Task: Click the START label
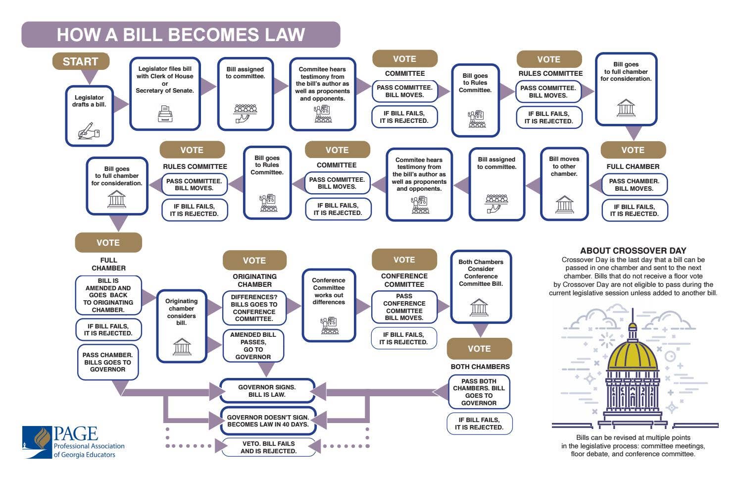(x=81, y=61)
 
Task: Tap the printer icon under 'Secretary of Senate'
(x=165, y=114)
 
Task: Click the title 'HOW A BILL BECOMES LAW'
(x=181, y=35)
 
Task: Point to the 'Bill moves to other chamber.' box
(x=564, y=183)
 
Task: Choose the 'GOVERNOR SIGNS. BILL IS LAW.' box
(x=267, y=391)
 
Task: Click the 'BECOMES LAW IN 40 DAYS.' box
(x=268, y=421)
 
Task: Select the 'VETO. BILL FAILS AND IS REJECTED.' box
(x=268, y=447)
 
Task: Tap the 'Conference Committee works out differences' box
(x=329, y=305)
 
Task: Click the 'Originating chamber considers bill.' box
(x=182, y=326)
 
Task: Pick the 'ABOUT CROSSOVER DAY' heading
(x=633, y=251)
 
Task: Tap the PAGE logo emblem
(x=38, y=442)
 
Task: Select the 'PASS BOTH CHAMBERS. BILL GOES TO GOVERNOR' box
(x=479, y=392)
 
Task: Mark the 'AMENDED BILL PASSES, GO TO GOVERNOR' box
(x=253, y=346)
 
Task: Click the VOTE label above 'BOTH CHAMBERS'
(x=479, y=349)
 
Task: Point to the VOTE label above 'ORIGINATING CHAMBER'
(x=254, y=261)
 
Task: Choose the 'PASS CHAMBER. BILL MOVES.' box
(x=634, y=185)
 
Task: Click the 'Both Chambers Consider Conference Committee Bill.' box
(x=481, y=286)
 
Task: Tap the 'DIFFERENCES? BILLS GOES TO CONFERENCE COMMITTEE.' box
(x=254, y=308)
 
